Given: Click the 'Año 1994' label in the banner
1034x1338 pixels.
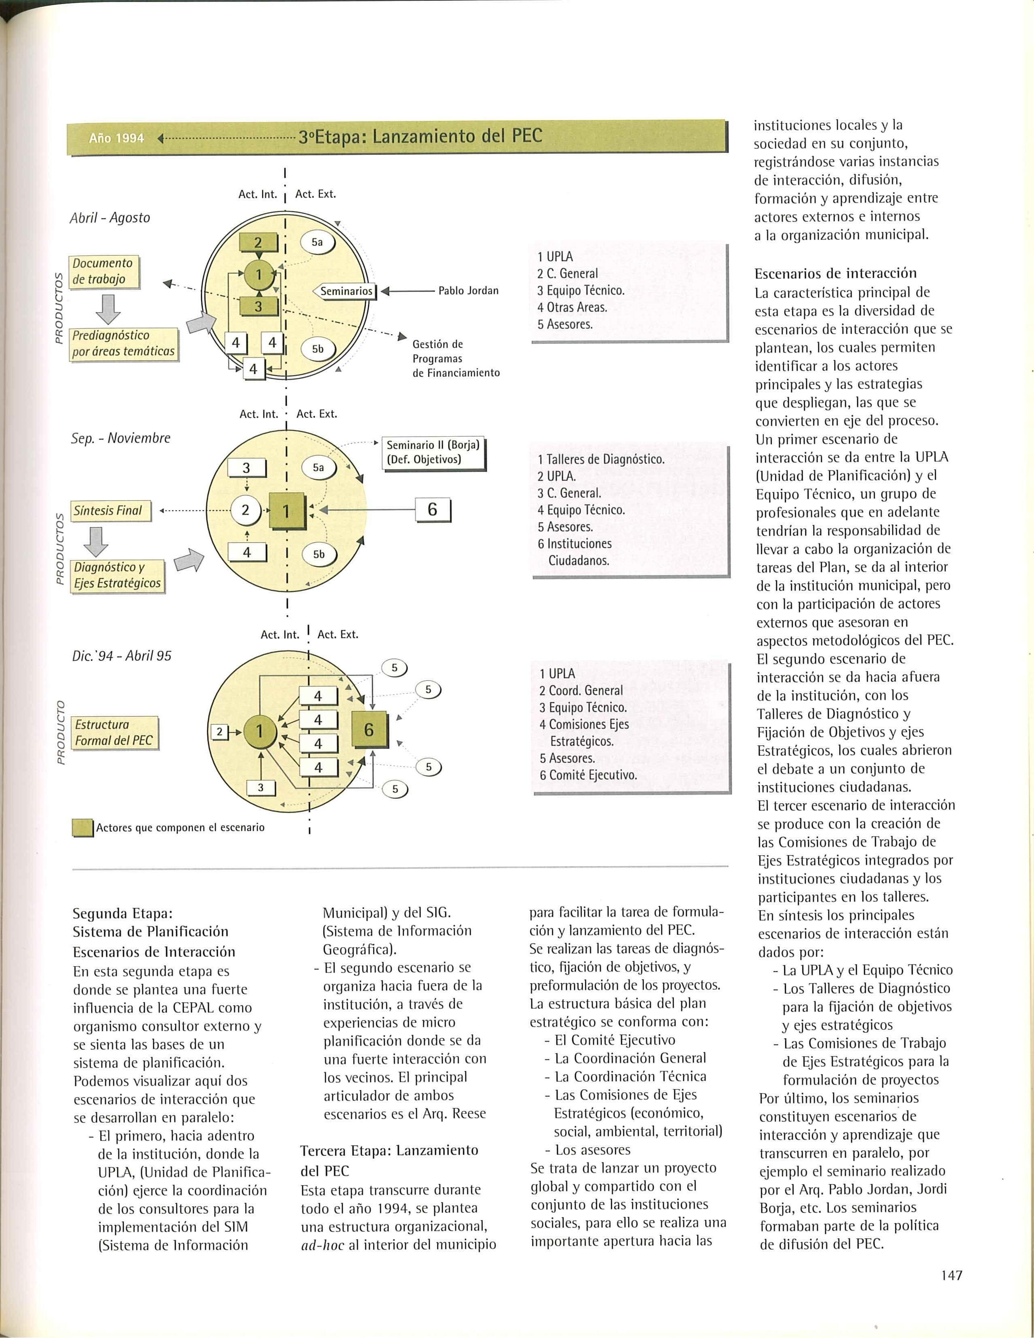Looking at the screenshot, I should point(116,138).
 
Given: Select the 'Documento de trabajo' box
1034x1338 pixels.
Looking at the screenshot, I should point(103,271).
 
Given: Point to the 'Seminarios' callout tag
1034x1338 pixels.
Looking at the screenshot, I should point(346,291).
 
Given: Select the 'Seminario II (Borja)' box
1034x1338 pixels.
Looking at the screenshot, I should point(433,453).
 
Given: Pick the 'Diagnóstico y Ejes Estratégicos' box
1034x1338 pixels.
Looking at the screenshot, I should point(118,575).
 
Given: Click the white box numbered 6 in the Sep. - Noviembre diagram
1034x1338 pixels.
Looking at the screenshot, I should point(433,510).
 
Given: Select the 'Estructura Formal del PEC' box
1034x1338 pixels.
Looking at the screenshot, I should point(114,733).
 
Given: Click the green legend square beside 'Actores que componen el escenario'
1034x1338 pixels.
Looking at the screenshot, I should point(82,828).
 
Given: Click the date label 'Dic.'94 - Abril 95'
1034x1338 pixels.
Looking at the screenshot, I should point(121,656).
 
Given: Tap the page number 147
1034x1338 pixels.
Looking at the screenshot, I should point(951,1276).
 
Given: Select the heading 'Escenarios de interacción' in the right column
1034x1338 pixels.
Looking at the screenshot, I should point(836,273).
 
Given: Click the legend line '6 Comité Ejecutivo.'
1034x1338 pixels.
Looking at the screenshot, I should point(588,775).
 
